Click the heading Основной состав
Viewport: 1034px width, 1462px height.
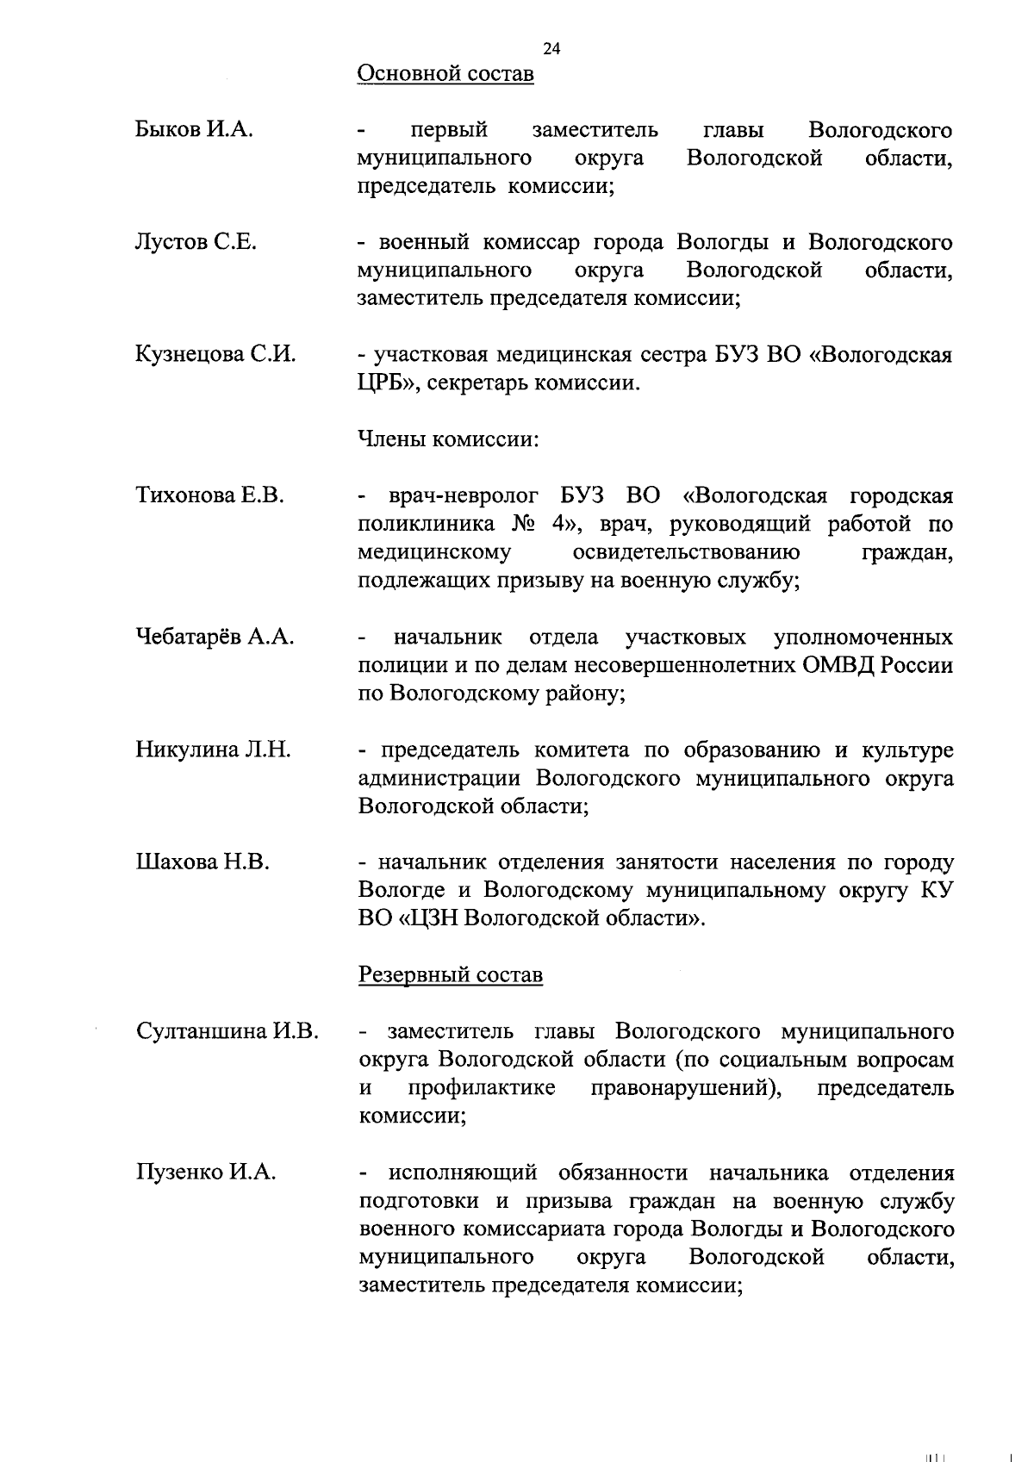click(x=445, y=74)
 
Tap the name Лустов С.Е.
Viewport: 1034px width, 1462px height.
click(x=196, y=242)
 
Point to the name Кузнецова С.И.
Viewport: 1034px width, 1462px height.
click(x=215, y=355)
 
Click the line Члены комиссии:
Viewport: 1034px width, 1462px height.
click(x=448, y=439)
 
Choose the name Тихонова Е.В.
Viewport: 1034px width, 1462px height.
click(x=209, y=495)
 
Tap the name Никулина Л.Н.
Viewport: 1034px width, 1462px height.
click(x=213, y=750)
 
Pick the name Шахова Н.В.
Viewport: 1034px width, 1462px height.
click(x=202, y=862)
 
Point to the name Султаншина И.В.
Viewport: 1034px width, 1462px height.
click(x=227, y=1031)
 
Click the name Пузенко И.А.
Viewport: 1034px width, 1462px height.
click(x=205, y=1172)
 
